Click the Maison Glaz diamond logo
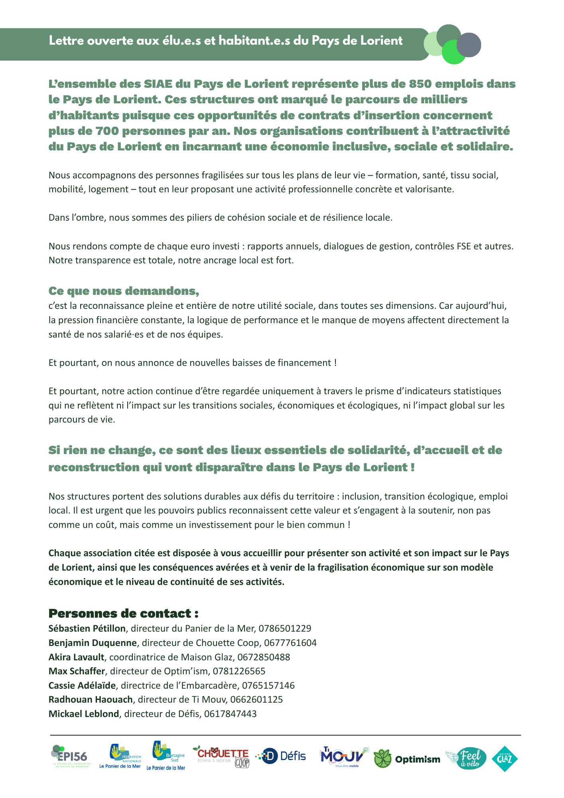click(505, 758)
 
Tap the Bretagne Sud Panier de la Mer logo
click(166, 756)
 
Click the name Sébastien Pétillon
click(87, 628)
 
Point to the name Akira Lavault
click(76, 657)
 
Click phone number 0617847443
click(230, 714)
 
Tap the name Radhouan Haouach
click(91, 699)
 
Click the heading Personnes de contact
click(123, 613)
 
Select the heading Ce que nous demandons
click(124, 291)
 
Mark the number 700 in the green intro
click(108, 131)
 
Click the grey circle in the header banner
click(469, 45)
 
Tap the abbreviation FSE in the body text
click(463, 246)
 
